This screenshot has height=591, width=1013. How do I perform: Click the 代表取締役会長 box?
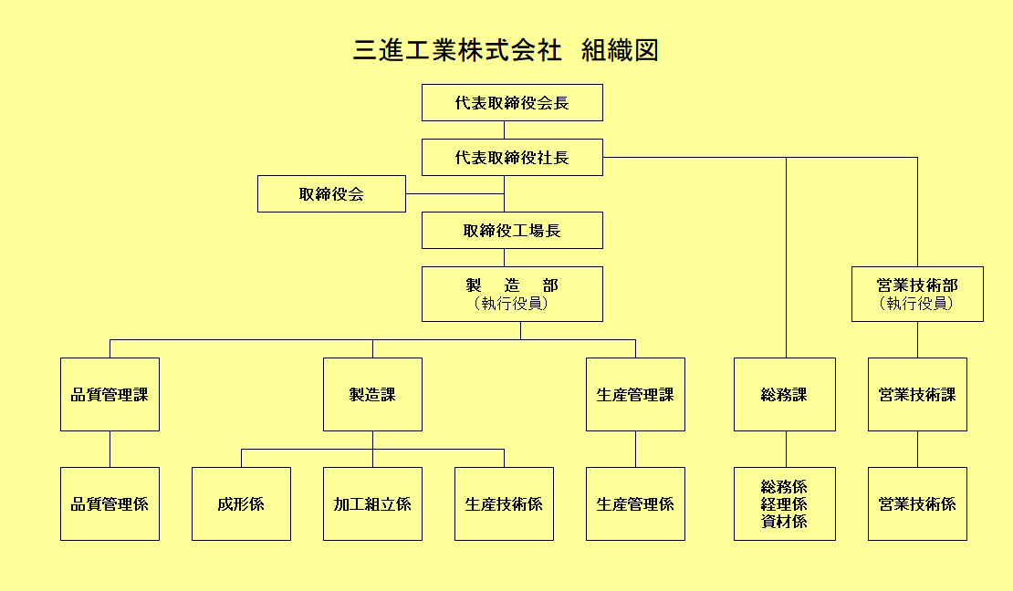512,103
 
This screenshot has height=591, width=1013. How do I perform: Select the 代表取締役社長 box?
512,158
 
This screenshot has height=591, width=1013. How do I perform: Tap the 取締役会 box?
331,193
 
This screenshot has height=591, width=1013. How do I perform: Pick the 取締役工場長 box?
512,231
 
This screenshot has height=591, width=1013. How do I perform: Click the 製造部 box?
512,294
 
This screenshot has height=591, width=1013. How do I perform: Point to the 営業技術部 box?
917,294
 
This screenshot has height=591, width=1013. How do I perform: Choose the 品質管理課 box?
110,395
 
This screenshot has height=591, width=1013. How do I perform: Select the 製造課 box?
372,395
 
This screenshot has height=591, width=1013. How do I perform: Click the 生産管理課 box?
636,395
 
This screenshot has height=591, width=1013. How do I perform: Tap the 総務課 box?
785,395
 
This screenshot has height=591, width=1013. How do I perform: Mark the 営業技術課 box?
917,395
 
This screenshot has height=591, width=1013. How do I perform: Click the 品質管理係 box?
110,503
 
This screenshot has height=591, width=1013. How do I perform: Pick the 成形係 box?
241,503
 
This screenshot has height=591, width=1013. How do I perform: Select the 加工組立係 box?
372,503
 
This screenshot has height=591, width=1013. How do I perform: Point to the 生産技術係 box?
504,503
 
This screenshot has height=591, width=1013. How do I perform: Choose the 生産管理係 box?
636,503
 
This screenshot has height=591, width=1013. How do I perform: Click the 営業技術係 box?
917,503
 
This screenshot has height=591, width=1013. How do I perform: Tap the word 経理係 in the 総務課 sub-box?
784,504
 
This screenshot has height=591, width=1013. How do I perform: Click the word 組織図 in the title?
621,50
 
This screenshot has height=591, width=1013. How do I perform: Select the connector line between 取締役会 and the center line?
454,193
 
